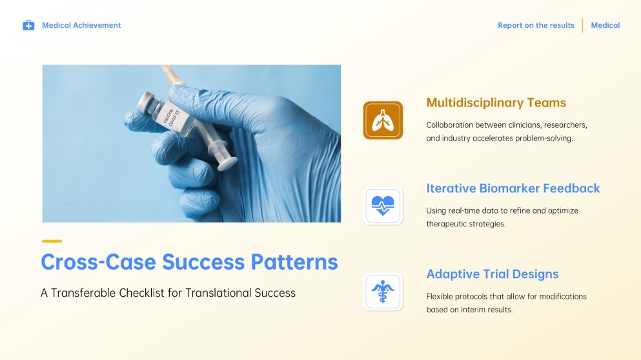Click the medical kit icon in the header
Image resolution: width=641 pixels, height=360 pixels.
click(28, 25)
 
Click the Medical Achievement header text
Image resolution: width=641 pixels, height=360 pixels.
click(81, 25)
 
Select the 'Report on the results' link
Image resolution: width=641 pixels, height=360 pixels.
click(536, 25)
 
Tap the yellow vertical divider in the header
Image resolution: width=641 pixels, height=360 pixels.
click(582, 25)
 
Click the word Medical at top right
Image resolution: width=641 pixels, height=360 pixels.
click(605, 25)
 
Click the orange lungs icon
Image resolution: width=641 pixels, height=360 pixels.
click(383, 121)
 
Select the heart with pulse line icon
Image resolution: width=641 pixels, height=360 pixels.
click(383, 206)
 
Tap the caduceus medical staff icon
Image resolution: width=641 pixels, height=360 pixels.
click(383, 292)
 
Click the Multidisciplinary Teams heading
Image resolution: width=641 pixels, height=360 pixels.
click(496, 103)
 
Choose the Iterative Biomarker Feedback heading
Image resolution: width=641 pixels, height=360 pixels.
click(513, 188)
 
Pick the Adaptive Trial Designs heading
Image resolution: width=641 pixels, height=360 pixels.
click(493, 274)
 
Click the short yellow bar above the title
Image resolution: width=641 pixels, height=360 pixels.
click(52, 241)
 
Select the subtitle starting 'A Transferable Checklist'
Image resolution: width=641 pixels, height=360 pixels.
click(168, 293)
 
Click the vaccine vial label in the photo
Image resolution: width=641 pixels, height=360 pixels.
click(175, 119)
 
